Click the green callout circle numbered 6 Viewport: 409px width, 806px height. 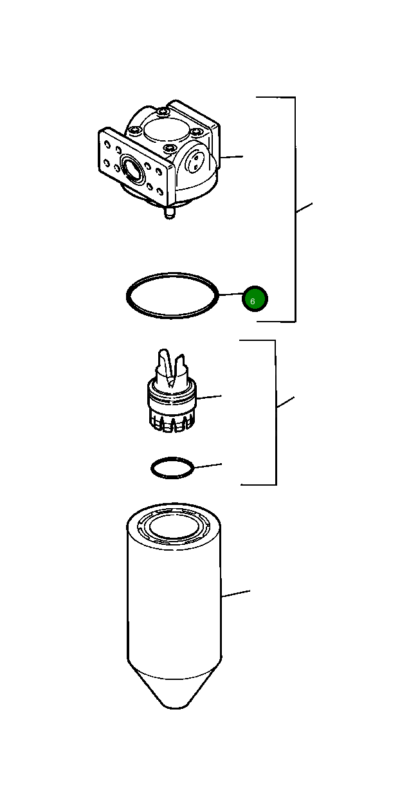254,299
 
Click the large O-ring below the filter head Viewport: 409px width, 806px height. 170,315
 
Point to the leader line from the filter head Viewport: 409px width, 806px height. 232,156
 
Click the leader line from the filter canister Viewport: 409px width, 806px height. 235,594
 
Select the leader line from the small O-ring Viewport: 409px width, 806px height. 207,465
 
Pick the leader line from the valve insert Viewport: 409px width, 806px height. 209,398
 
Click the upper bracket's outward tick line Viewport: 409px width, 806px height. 304,207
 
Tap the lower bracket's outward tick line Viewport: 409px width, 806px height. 285,403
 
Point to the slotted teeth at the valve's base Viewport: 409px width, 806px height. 171,423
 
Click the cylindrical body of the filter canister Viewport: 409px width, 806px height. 174,605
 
